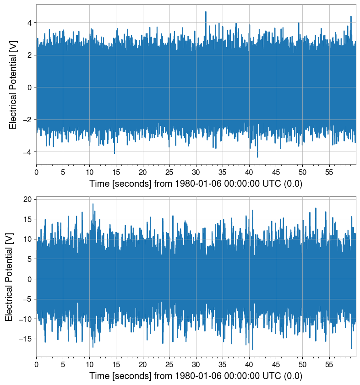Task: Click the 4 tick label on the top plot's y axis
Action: (30, 23)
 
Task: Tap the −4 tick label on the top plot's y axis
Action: (28, 152)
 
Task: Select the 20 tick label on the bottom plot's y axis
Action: (28, 199)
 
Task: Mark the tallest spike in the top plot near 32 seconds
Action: (206, 12)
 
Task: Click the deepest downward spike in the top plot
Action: (257, 157)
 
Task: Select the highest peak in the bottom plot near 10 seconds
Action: (93, 204)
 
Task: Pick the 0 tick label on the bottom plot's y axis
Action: (30, 279)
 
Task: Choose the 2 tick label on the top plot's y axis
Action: (30, 55)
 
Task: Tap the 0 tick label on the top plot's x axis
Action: (37, 172)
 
